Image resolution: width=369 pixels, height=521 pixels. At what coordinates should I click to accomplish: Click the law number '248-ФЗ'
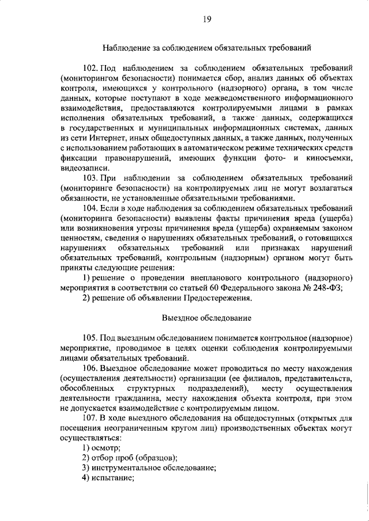pyautogui.click(x=329, y=289)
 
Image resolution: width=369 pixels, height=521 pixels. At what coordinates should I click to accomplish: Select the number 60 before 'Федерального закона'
pyautogui.click(x=225, y=289)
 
